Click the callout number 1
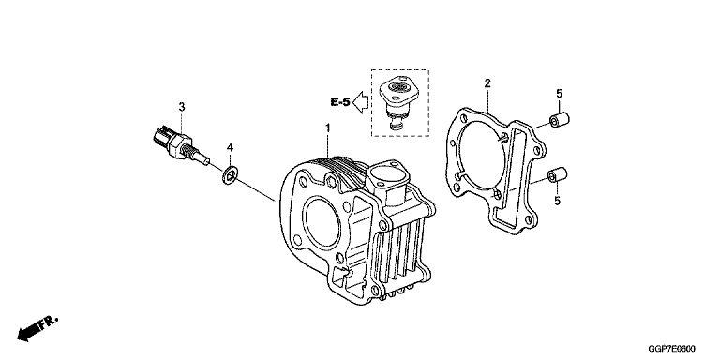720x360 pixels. pyautogui.click(x=328, y=127)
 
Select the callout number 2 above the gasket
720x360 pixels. pyautogui.click(x=487, y=83)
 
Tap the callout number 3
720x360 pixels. pyautogui.click(x=182, y=107)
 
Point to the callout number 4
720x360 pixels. pyautogui.click(x=230, y=147)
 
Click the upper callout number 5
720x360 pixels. pyautogui.click(x=560, y=94)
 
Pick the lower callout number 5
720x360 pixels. pyautogui.click(x=557, y=201)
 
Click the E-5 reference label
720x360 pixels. pyautogui.click(x=340, y=102)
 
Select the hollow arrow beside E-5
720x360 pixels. pyautogui.click(x=361, y=102)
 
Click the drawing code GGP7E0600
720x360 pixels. pyautogui.click(x=672, y=350)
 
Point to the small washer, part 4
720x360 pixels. pyautogui.click(x=230, y=175)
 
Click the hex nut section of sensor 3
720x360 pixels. pyautogui.click(x=179, y=146)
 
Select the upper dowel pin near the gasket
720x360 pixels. pyautogui.click(x=560, y=120)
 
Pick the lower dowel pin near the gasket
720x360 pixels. pyautogui.click(x=558, y=175)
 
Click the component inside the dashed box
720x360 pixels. pyautogui.click(x=398, y=102)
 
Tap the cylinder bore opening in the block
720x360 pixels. pyautogui.click(x=322, y=223)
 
